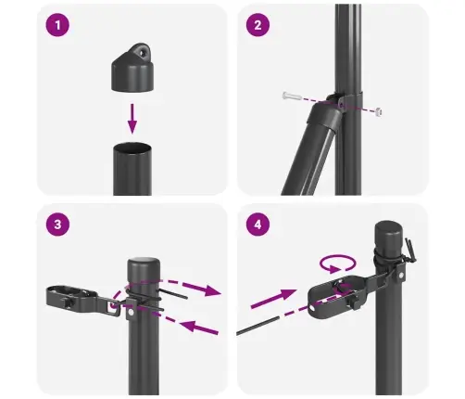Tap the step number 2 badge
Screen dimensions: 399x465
coord(258,27)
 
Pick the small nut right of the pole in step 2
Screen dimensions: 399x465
coord(381,111)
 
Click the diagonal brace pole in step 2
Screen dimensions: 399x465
coord(306,153)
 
